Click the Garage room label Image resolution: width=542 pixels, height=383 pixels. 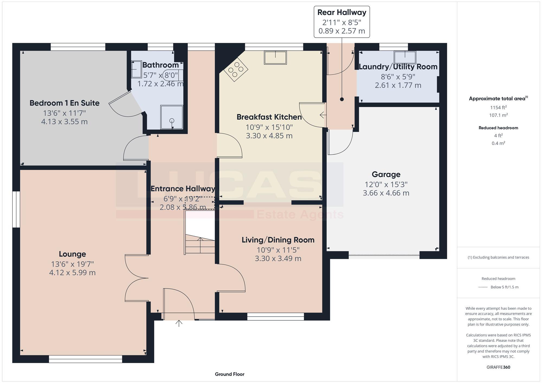[386, 174]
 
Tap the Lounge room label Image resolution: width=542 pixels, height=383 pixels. [72, 254]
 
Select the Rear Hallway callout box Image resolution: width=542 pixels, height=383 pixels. [342, 22]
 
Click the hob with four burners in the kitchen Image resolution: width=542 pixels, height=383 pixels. [235, 69]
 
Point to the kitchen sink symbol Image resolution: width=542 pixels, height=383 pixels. [275, 57]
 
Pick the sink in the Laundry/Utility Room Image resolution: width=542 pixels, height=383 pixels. [405, 57]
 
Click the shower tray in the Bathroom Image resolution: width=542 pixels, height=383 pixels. [172, 117]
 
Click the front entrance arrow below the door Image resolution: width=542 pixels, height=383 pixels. [179, 323]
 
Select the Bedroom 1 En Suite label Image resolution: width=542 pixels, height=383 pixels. [64, 103]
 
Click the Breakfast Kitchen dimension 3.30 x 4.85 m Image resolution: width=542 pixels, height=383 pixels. [269, 136]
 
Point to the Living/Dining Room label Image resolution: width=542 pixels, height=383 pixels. [278, 240]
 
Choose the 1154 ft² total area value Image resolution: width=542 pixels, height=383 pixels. [498, 107]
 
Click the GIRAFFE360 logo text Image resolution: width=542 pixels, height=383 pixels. [498, 367]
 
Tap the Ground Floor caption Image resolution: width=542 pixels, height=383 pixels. [230, 374]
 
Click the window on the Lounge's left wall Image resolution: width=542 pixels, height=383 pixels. [16, 209]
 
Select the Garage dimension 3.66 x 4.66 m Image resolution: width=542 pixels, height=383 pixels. [386, 193]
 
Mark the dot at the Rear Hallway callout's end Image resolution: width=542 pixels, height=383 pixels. [342, 99]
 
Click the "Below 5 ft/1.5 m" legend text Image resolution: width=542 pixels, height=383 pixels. [504, 287]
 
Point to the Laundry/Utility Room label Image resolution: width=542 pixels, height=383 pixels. [398, 67]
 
